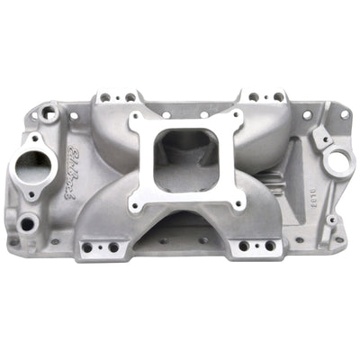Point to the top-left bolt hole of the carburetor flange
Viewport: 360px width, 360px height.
pos(138,121)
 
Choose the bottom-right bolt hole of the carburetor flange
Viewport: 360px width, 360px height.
pos(238,203)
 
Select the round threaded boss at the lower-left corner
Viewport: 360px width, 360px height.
pos(28,221)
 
